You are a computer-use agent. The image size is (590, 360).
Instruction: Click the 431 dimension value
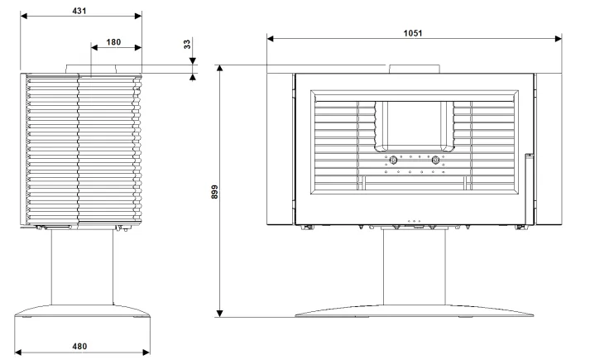coord(79,11)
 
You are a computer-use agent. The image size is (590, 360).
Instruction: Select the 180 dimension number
coord(113,42)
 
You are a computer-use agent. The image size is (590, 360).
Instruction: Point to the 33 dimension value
coord(187,45)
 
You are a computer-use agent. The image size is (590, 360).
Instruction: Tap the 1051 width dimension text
coord(413,33)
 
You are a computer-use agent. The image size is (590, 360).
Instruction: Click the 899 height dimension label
coord(214,192)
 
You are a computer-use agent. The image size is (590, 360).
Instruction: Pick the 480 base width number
coord(79,346)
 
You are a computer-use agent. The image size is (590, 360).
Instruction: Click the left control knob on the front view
coord(393,161)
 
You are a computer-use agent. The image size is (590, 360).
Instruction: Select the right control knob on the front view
coord(435,161)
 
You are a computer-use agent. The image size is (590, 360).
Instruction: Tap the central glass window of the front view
coord(414,124)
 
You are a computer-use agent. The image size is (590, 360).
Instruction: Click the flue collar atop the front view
coord(415,69)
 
